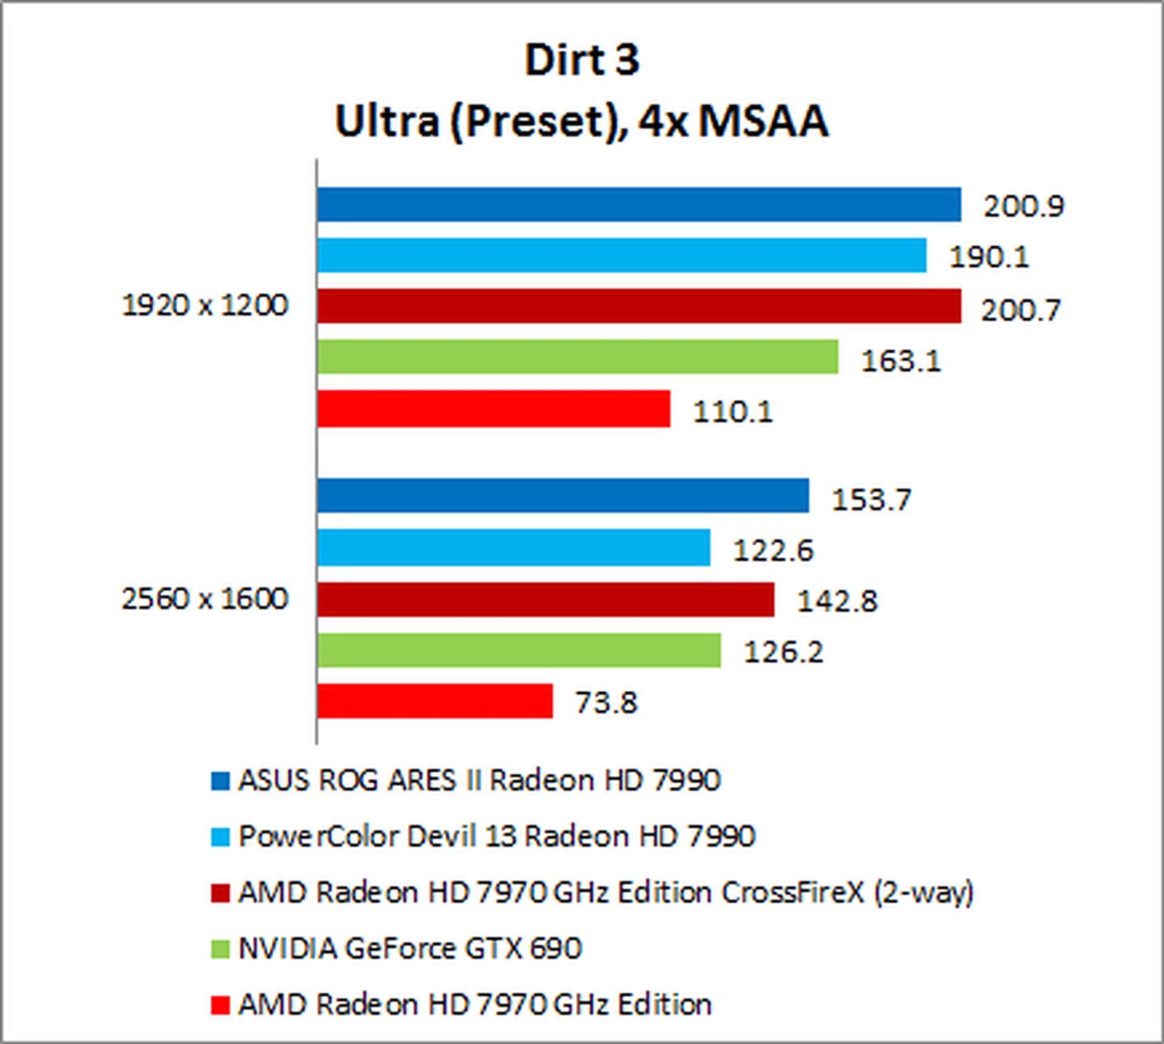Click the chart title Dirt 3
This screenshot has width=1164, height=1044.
(582, 60)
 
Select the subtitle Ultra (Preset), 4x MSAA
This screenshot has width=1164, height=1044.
(582, 121)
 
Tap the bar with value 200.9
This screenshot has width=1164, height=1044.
(638, 205)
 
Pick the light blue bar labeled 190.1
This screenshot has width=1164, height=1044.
(621, 255)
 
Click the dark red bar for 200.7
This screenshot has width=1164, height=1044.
(638, 306)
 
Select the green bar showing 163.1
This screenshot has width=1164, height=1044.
(577, 356)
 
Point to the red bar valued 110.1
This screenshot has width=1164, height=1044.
(493, 409)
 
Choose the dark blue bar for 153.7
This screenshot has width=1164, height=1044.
(563, 495)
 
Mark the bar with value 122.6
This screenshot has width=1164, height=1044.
(513, 547)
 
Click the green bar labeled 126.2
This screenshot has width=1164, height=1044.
(519, 651)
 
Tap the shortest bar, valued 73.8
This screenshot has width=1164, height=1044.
(435, 701)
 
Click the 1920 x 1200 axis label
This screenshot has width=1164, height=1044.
(205, 305)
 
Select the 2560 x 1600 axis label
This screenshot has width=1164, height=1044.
(205, 599)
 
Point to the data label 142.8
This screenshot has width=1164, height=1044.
(837, 601)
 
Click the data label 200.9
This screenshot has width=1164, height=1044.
(1023, 207)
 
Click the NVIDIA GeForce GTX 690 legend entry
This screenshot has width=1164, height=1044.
(410, 949)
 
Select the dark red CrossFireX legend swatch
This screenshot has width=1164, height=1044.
(220, 894)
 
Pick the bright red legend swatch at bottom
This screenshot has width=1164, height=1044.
(220, 1005)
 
